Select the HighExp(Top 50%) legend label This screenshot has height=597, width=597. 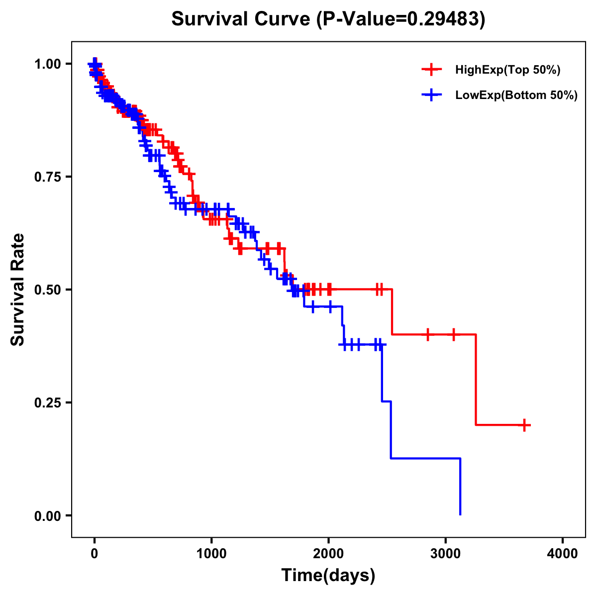[x=507, y=70]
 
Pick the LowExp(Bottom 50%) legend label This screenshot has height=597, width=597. [x=516, y=95]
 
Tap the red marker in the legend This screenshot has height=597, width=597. [x=431, y=70]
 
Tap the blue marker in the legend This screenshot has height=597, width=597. [x=431, y=95]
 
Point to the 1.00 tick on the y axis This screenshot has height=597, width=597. [x=48, y=64]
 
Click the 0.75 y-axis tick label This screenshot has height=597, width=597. [x=48, y=177]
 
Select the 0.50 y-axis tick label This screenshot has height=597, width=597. [x=48, y=290]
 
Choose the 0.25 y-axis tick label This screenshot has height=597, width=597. [x=48, y=402]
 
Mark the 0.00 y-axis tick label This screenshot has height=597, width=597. [x=48, y=516]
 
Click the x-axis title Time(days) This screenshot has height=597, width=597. [x=328, y=576]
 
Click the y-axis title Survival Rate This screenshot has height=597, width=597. [x=18, y=290]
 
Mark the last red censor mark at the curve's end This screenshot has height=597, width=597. [x=524, y=425]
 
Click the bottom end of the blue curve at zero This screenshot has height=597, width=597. [x=460, y=514]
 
